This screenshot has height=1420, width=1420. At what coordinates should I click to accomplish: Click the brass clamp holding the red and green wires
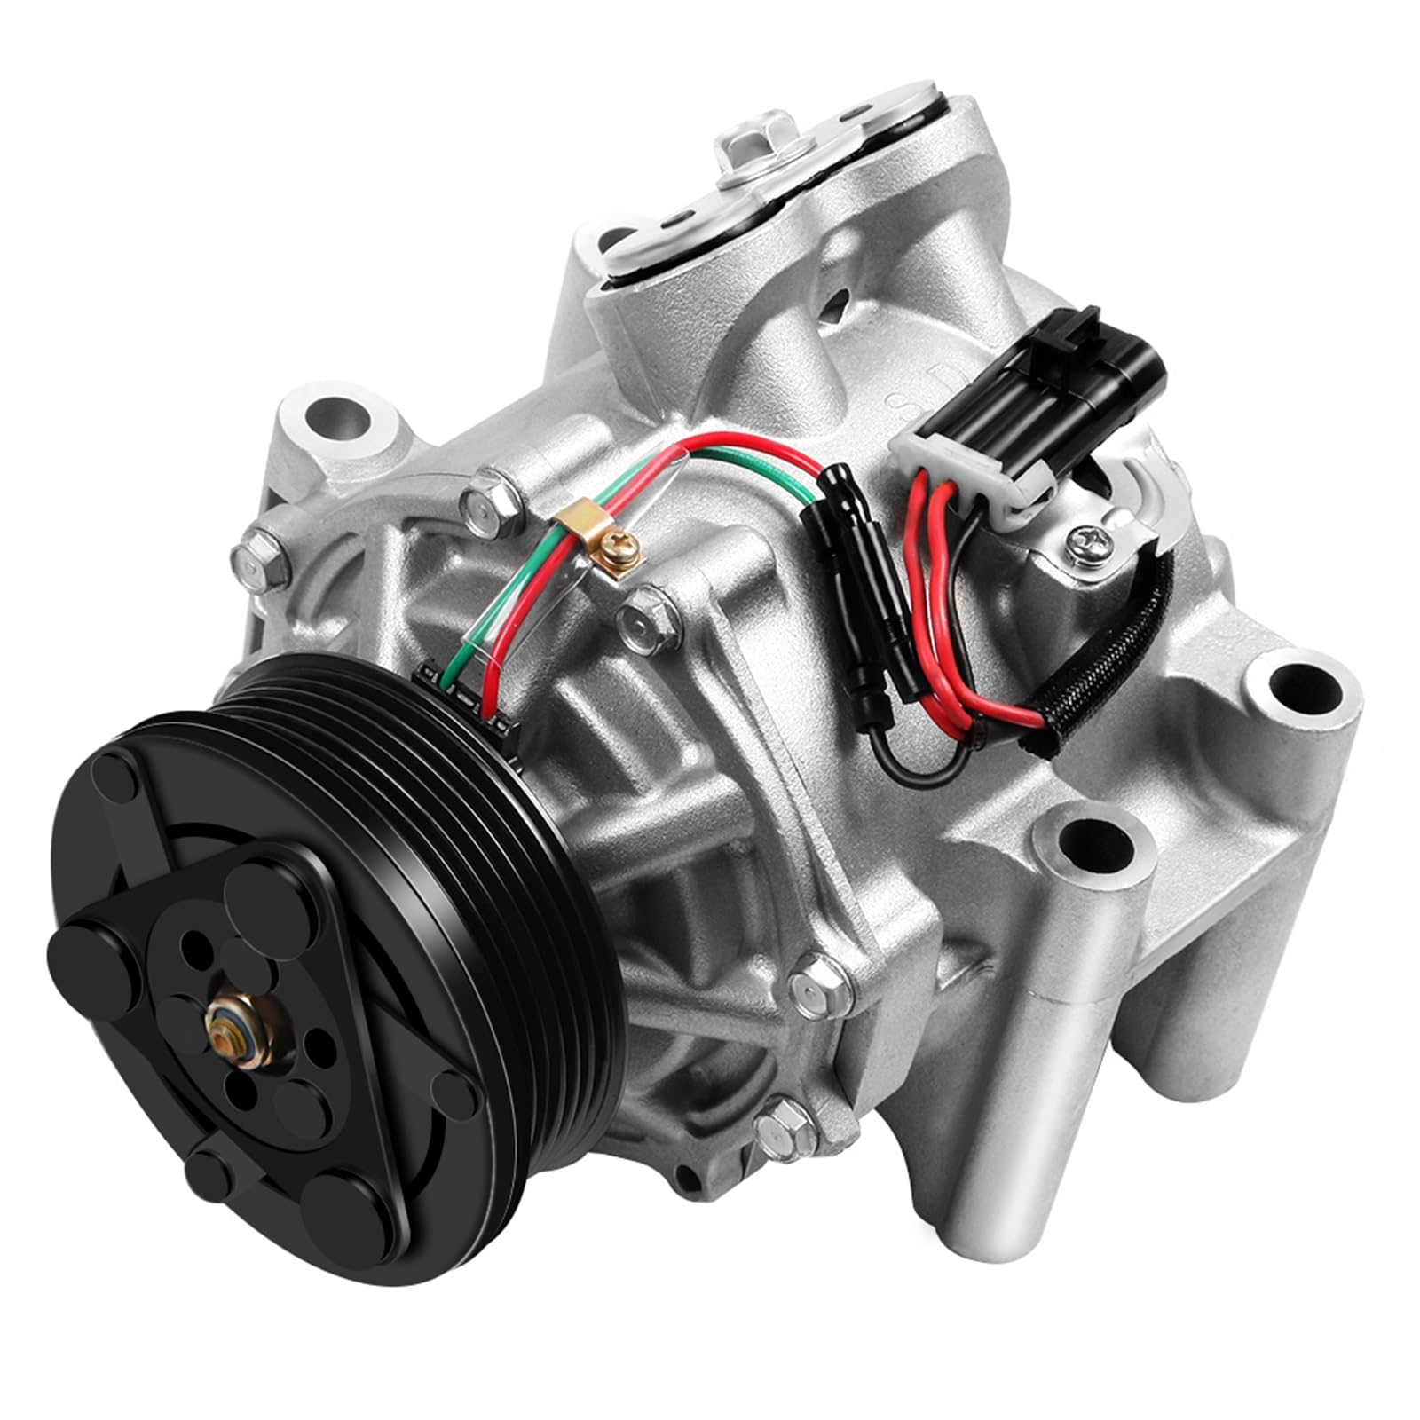(572, 534)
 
